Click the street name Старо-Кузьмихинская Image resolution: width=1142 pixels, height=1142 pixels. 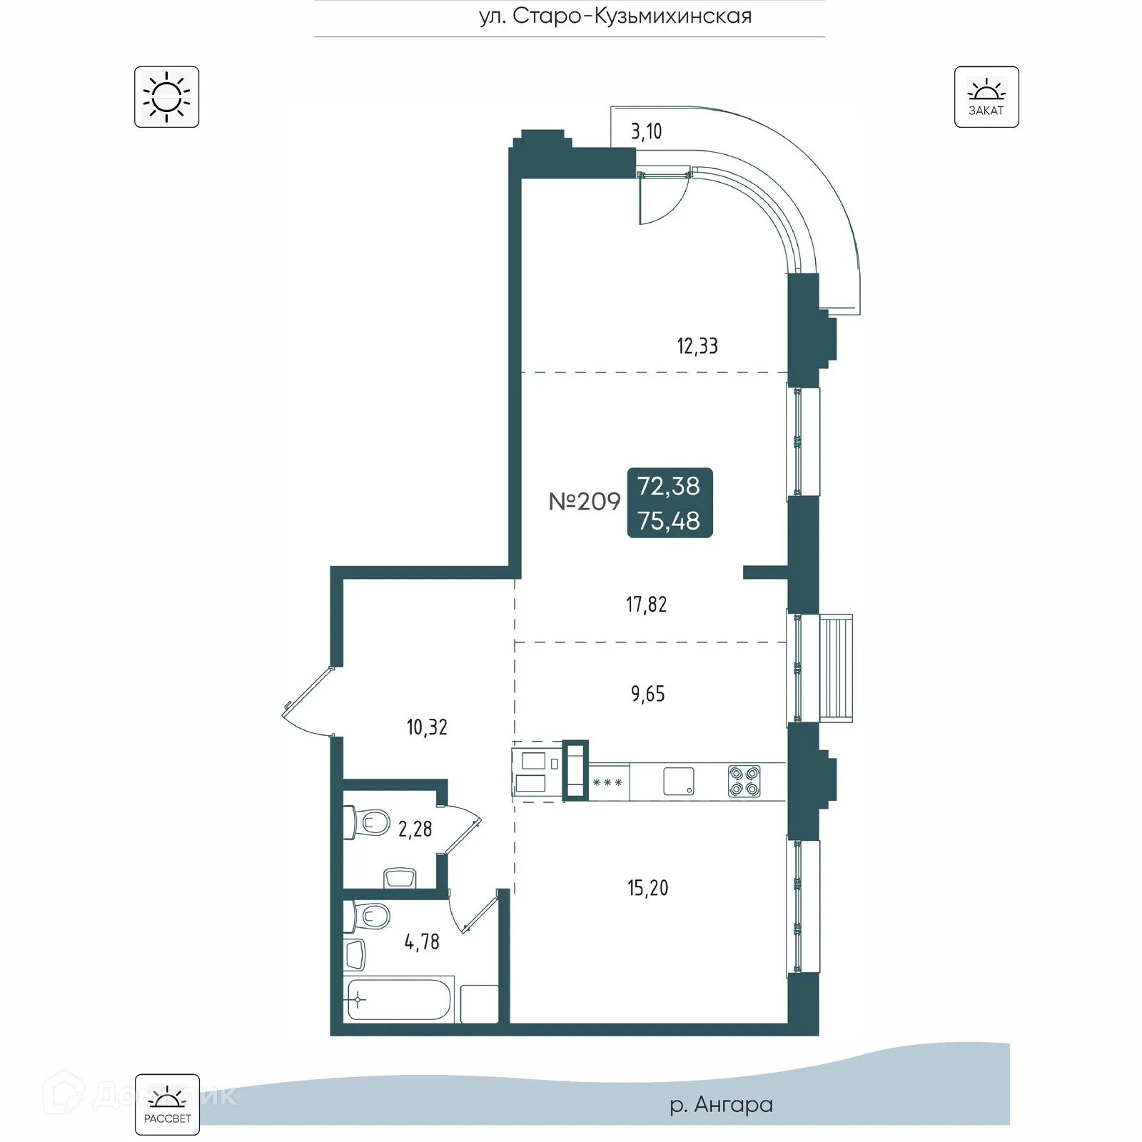pyautogui.click(x=615, y=16)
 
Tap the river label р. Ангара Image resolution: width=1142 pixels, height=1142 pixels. pyautogui.click(x=721, y=1104)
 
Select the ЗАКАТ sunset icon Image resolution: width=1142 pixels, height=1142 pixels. pyautogui.click(x=986, y=97)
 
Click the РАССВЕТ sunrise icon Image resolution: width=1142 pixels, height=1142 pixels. pyautogui.click(x=167, y=1104)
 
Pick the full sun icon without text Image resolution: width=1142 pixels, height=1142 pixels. pyautogui.click(x=166, y=97)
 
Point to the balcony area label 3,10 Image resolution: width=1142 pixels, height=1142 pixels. pyautogui.click(x=646, y=132)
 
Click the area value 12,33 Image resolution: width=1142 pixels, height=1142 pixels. pyautogui.click(x=697, y=347)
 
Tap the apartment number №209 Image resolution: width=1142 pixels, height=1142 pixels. pyautogui.click(x=585, y=502)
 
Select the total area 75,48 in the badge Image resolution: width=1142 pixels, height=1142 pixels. pyautogui.click(x=669, y=521)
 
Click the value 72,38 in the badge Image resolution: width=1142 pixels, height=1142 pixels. pyautogui.click(x=669, y=486)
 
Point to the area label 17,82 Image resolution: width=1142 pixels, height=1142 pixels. pyautogui.click(x=646, y=605)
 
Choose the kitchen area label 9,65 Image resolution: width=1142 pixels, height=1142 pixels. pyautogui.click(x=647, y=694)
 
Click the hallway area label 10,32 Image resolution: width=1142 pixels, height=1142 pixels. pyautogui.click(x=427, y=727)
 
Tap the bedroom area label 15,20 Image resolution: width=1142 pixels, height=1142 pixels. pyautogui.click(x=647, y=888)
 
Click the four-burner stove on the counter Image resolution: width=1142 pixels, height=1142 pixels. pyautogui.click(x=744, y=782)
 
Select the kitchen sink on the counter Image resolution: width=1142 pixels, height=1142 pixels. pyautogui.click(x=678, y=782)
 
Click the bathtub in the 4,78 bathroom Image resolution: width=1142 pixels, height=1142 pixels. pyautogui.click(x=398, y=999)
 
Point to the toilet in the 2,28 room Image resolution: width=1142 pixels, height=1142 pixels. pyautogui.click(x=367, y=822)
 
